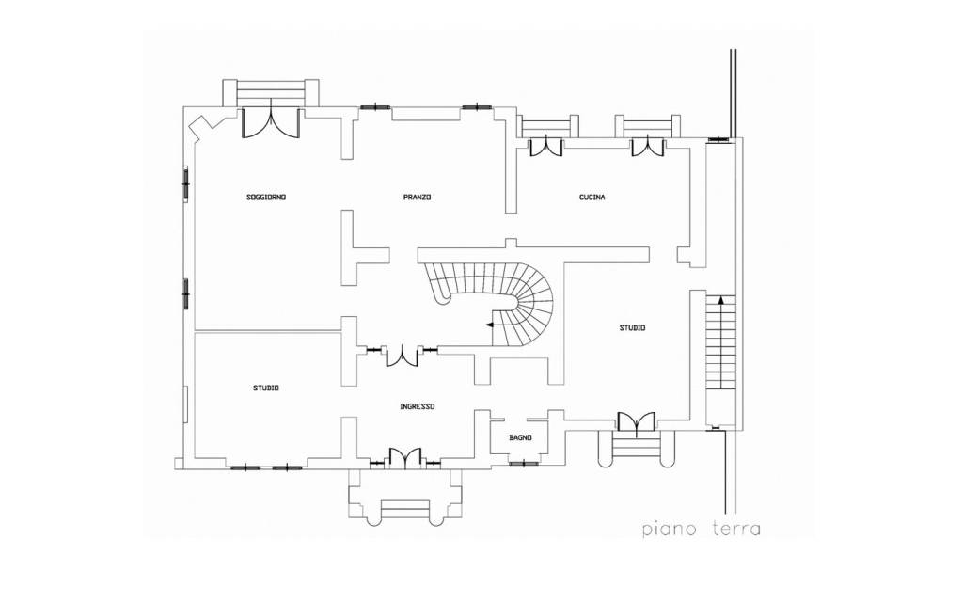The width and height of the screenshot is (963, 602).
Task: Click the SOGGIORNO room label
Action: click(x=266, y=198)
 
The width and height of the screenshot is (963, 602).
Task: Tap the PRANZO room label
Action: click(x=417, y=198)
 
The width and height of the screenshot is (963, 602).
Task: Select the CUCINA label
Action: click(x=592, y=198)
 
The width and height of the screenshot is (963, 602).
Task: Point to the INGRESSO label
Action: click(x=418, y=406)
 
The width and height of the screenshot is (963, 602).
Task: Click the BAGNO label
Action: click(x=520, y=438)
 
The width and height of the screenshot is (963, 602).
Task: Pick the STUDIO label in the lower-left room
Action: click(x=266, y=388)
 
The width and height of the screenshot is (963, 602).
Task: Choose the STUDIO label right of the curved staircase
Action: click(x=632, y=328)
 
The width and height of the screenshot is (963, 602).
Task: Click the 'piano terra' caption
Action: click(x=702, y=529)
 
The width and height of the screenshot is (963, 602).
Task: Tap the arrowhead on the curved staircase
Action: click(x=489, y=325)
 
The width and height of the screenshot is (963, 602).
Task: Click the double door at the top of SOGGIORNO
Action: click(x=270, y=123)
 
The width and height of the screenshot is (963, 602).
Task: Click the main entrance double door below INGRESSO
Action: click(x=405, y=458)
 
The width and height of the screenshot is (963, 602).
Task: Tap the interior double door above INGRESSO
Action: click(x=402, y=356)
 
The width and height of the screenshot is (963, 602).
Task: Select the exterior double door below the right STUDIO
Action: click(x=637, y=424)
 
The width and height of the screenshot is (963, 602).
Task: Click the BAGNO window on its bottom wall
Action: click(x=524, y=463)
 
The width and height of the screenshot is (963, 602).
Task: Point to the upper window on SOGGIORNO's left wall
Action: click(x=185, y=182)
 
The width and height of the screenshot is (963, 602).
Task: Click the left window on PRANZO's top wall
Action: click(x=374, y=107)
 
